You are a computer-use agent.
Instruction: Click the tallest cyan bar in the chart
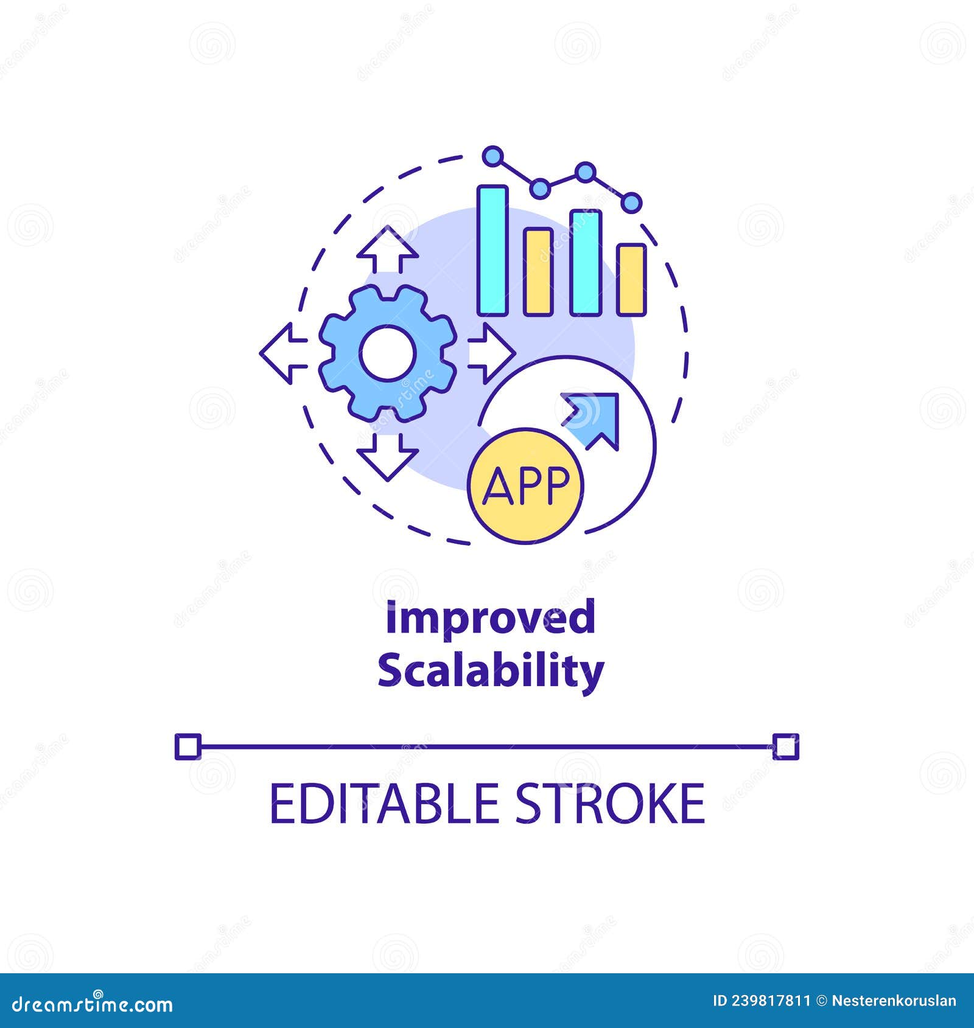(492, 250)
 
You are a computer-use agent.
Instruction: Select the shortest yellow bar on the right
(631, 280)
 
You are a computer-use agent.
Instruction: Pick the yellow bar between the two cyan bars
(539, 272)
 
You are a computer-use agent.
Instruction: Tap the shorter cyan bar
(586, 263)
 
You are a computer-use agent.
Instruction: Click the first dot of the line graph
(493, 156)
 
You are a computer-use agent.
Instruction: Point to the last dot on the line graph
(632, 203)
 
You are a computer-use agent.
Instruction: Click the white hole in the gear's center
(388, 353)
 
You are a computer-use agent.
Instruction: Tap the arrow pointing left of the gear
(284, 353)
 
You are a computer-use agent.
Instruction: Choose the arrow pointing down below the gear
(388, 456)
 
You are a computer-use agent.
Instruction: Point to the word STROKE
(611, 804)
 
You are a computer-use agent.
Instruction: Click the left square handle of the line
(187, 746)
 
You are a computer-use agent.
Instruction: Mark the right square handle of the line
(785, 746)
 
